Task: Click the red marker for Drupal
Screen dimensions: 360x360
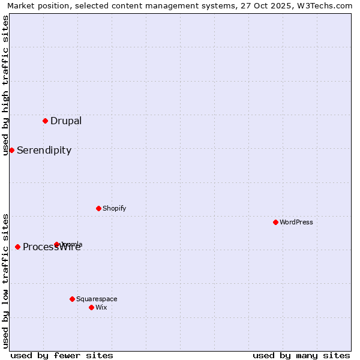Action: coord(45,121)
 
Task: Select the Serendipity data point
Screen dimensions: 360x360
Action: coord(11,150)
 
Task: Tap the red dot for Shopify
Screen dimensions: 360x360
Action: coord(98,208)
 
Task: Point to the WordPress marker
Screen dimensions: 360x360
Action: coord(275,222)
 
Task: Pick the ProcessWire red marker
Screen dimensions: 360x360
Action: coord(17,247)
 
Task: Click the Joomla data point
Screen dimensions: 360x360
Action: coord(57,244)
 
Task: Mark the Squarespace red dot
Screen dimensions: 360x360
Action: coord(72,299)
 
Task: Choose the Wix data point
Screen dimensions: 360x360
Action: coord(91,307)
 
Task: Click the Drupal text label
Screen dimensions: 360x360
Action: coord(66,121)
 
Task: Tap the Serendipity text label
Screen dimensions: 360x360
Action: coord(44,150)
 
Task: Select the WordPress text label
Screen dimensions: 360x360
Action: coord(296,222)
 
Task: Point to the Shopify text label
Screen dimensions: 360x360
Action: coord(115,208)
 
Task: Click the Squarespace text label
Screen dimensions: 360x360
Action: coord(97,299)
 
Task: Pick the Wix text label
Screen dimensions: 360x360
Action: coord(101,307)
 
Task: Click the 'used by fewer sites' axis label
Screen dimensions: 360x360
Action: coord(62,355)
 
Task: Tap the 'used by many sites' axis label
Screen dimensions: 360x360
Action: coord(301,355)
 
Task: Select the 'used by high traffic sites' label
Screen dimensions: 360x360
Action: coord(6,85)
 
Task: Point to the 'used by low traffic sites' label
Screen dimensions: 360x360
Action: coord(6,281)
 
